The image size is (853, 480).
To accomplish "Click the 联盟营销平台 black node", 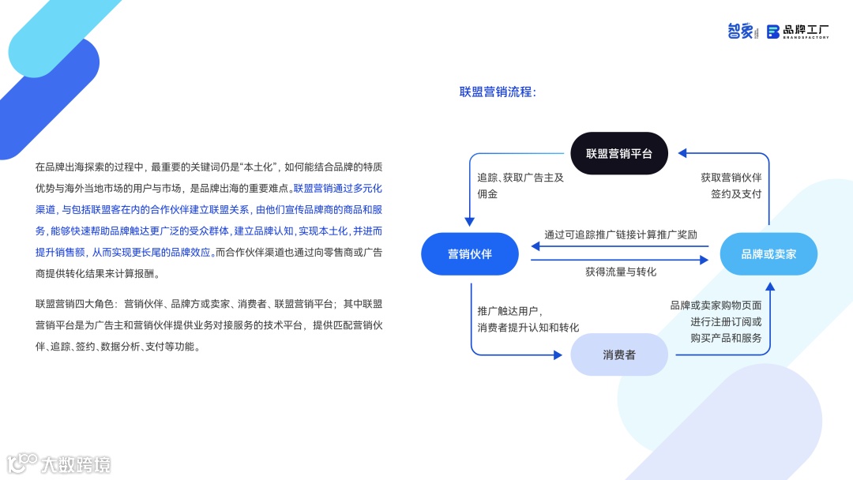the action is point(619,153).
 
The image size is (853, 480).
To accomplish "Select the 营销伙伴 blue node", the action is point(470,254).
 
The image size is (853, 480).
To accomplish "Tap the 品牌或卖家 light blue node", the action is point(768,254).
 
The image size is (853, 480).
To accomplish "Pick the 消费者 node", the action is point(619,354).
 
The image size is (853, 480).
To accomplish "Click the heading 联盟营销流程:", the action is point(498,92).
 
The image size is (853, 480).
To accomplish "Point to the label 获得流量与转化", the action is point(621,272).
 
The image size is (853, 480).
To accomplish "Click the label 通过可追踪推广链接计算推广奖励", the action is point(621,234).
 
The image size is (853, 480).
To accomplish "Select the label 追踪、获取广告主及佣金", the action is point(520,186).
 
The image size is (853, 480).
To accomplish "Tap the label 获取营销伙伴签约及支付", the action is point(731,186).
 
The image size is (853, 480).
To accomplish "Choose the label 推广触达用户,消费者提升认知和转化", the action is point(528,319).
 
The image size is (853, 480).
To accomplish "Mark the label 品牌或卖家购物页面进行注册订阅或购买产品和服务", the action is point(716,321).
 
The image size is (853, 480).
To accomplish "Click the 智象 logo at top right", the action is point(742,31).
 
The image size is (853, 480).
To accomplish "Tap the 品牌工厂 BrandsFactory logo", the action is point(798,32).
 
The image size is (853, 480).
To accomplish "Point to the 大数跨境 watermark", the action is point(59,463).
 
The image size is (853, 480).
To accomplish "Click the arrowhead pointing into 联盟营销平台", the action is point(682,153).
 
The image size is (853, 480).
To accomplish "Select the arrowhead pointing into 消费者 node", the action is point(558,354).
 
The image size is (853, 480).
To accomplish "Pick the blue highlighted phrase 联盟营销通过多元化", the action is point(337,189).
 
